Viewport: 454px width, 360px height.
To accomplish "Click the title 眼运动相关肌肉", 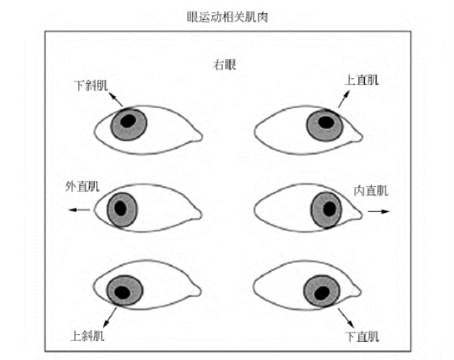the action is [x=227, y=17].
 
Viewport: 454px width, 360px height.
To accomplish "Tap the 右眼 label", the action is [x=225, y=65].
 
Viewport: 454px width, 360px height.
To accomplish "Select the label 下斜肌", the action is [x=91, y=86].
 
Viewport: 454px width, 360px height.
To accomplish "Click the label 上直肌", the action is [x=362, y=80].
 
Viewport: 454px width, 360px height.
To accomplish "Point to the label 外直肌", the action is [x=82, y=186].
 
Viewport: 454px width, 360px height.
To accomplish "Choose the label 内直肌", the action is [x=371, y=190].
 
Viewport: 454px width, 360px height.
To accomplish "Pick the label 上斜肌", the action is [x=87, y=336].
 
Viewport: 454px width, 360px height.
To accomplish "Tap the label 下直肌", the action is [x=362, y=337].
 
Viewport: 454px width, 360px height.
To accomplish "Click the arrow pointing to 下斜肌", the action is [x=116, y=99].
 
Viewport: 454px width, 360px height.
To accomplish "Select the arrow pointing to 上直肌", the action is [x=344, y=99].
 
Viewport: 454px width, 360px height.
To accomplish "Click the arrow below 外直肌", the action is [x=79, y=210].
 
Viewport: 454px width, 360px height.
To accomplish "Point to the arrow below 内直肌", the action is [x=378, y=211].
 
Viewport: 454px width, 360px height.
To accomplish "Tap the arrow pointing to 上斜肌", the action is [x=110, y=317].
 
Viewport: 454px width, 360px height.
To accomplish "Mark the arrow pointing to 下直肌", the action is [x=346, y=318].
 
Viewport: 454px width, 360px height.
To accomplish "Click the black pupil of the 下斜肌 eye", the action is [x=128, y=121].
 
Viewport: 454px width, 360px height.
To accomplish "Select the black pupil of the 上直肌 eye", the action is [x=326, y=122].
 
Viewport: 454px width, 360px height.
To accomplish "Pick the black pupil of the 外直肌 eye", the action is [x=121, y=208].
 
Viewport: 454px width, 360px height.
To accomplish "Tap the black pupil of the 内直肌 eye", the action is [x=329, y=209].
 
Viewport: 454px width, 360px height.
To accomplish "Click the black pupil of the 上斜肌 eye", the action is [x=122, y=292].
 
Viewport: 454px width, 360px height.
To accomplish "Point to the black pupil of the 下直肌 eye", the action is [x=322, y=293].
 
